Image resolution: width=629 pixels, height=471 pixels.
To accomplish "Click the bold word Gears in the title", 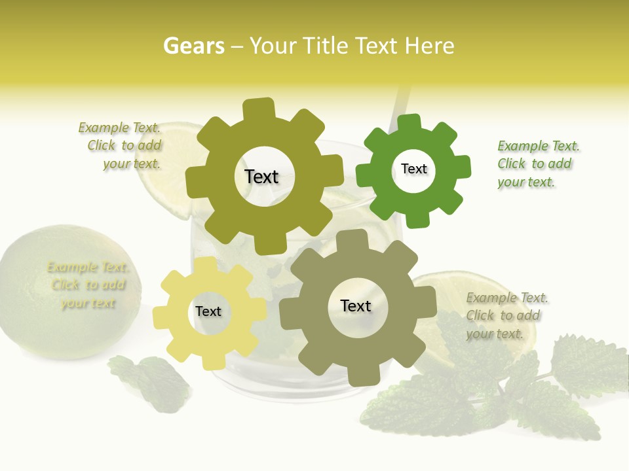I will tap(193, 46).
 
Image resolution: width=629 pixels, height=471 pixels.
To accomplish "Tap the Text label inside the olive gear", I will tap(261, 177).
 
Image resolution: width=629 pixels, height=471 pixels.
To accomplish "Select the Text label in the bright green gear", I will tap(413, 169).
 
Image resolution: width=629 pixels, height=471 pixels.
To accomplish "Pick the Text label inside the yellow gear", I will tap(208, 311).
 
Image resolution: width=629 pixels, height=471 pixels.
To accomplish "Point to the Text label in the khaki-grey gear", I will tap(356, 305).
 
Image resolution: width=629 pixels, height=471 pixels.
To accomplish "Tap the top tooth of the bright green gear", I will tap(409, 123).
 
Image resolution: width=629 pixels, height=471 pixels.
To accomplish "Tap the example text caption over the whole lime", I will tap(88, 285).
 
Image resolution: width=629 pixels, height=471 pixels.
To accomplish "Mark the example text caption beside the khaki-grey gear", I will tap(505, 315).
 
